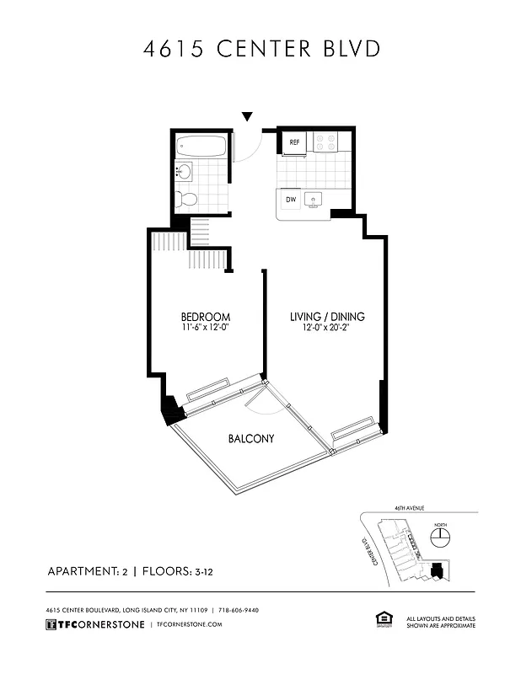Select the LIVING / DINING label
pyautogui.click(x=327, y=317)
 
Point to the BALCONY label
pyautogui.click(x=251, y=439)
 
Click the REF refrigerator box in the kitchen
pyautogui.click(x=294, y=143)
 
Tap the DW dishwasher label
pyautogui.click(x=291, y=200)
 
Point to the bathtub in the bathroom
pyautogui.click(x=201, y=148)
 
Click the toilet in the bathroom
pyautogui.click(x=186, y=200)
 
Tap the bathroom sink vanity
pyautogui.click(x=185, y=173)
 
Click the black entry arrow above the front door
pyautogui.click(x=247, y=116)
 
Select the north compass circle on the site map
pyautogui.click(x=438, y=537)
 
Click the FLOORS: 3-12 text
pyautogui.click(x=180, y=571)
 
